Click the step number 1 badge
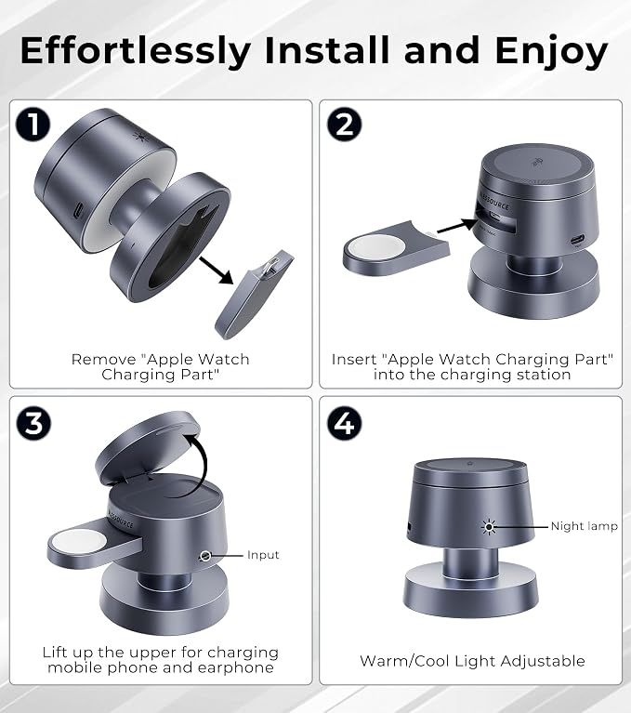[33, 125]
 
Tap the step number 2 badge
[344, 125]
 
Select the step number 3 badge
[33, 423]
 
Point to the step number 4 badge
[344, 423]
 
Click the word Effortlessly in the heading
[136, 51]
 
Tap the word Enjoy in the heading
[551, 52]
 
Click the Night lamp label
[585, 526]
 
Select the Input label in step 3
[263, 555]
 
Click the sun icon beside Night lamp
[489, 526]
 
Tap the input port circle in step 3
[205, 556]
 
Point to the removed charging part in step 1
[255, 294]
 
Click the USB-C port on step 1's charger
[78, 210]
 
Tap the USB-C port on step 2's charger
[578, 239]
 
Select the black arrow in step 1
[217, 271]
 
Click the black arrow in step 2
[458, 226]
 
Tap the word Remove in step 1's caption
[104, 359]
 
